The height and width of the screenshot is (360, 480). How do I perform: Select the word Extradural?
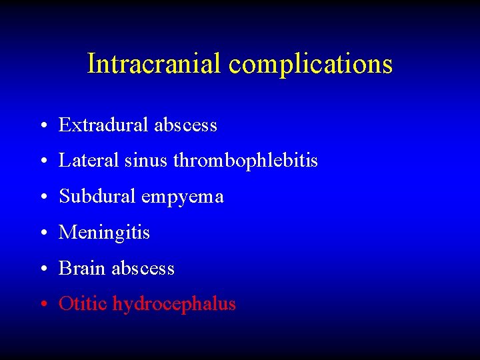coord(104,125)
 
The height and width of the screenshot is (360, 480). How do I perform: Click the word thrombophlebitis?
coord(245,161)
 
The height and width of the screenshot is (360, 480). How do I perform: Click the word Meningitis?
coord(105,233)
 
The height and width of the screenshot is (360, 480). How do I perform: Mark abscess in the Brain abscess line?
coord(143,269)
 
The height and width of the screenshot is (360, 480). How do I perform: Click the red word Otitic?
coord(83,304)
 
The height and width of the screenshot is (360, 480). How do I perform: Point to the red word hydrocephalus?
coord(174,305)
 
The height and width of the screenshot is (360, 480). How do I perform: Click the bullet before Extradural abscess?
coord(42,126)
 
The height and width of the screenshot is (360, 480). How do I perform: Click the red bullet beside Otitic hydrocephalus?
coord(42,305)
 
